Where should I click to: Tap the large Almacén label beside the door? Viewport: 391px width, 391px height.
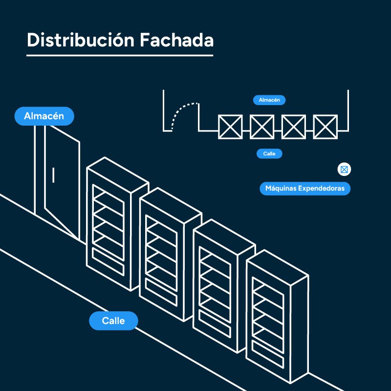44,116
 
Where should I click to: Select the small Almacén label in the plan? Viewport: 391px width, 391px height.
269,100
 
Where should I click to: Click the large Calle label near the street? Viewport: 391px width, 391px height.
113,321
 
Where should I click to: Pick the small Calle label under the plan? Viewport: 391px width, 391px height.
269,154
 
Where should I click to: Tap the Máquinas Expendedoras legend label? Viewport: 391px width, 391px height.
305,188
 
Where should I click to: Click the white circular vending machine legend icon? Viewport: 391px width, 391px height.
345,170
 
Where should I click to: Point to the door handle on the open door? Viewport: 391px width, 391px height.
53,174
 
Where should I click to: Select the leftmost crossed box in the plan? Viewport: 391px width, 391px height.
230,127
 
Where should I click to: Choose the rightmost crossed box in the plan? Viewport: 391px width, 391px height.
325,127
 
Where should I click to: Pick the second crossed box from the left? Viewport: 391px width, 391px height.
261,127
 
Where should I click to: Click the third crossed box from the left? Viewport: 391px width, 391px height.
294,127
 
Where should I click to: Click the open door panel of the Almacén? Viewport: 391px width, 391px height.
62,181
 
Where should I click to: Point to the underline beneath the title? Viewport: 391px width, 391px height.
120,55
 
